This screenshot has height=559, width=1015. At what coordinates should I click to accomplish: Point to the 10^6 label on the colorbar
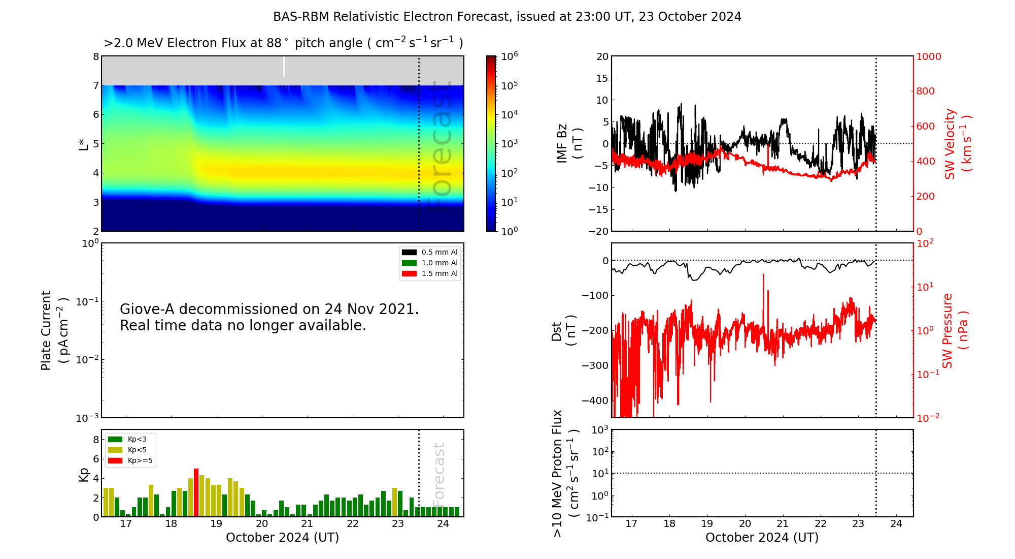click(510, 56)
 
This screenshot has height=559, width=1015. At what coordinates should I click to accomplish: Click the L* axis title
click(83, 144)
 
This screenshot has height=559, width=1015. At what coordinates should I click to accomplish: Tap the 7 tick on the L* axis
click(95, 85)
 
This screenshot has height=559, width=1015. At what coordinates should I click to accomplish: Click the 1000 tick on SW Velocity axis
click(928, 56)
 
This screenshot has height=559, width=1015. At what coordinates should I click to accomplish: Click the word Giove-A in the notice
click(148, 309)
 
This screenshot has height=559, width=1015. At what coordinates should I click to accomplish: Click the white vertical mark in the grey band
click(284, 67)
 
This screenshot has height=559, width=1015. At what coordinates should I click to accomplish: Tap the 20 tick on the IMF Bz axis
click(602, 56)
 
